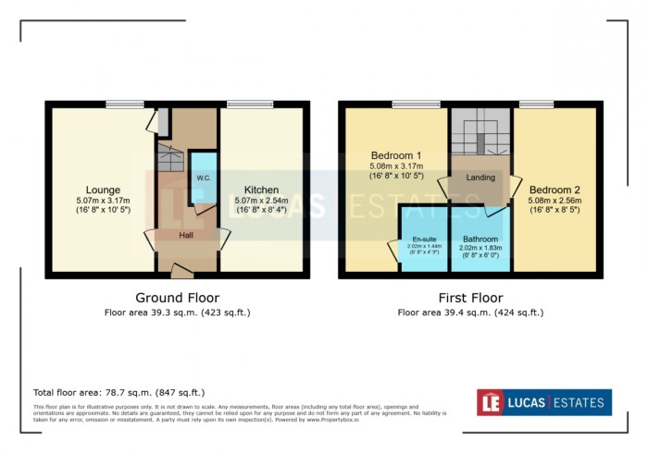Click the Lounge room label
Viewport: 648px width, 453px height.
[x=103, y=190]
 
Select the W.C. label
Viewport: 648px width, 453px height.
[x=203, y=178]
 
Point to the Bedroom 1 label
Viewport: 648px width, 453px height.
[x=396, y=154]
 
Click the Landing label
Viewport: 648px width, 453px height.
[x=480, y=178]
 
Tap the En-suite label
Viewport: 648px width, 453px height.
[x=423, y=239]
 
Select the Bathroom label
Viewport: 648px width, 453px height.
[x=480, y=239]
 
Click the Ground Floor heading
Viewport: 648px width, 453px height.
[x=177, y=298]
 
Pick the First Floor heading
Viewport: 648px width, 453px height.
[x=470, y=298]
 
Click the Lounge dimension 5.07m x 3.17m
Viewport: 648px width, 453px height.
[x=103, y=201]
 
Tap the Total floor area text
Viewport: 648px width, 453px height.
[x=118, y=393]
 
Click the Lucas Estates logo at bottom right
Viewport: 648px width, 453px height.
[x=544, y=402]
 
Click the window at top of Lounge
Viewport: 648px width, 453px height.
[x=124, y=104]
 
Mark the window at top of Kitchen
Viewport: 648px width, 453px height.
[x=244, y=104]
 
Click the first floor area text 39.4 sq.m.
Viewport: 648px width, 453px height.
[x=470, y=312]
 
